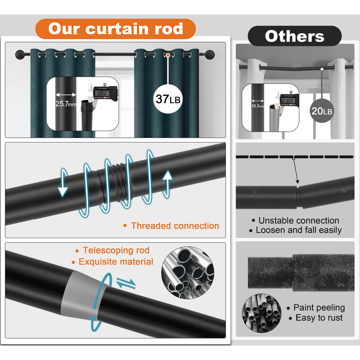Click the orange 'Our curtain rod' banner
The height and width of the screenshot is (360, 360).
coord(115,29)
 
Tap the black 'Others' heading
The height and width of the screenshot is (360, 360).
coord(294,36)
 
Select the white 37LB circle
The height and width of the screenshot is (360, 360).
coord(167,99)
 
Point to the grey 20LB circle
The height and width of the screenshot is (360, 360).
coord(322,111)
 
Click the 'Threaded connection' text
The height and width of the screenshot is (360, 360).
coord(175,226)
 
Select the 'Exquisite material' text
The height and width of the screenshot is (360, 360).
coord(116,262)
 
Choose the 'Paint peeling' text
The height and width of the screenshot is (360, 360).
coord(319,307)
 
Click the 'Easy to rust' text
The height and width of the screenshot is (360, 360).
coord(319,318)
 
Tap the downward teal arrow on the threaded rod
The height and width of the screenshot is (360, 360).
coord(63,187)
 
